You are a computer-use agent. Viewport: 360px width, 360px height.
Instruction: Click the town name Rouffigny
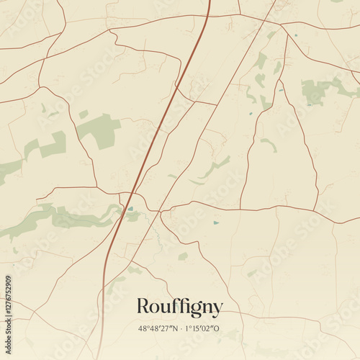click(180, 307)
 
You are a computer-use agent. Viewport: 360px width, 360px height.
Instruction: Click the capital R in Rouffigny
click(144, 307)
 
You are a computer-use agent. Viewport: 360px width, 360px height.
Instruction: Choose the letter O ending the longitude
click(220, 329)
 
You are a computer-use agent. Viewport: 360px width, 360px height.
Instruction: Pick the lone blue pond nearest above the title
click(216, 222)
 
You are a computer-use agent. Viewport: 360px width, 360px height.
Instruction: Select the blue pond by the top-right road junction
click(294, 35)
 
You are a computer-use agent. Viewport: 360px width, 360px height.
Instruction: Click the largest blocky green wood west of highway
click(99, 130)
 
